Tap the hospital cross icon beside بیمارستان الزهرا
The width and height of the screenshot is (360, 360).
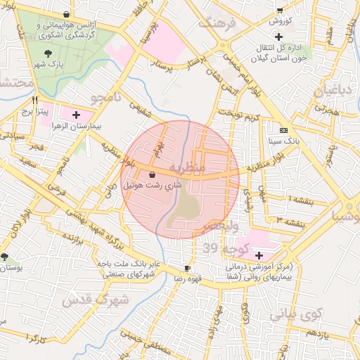(76, 112)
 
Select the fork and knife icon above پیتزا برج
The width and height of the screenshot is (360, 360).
(34, 100)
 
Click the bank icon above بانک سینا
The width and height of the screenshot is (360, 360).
(283, 130)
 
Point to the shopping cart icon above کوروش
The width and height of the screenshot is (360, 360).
(280, 11)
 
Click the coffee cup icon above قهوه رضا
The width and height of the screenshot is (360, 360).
(187, 268)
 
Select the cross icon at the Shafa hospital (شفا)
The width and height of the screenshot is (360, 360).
(259, 255)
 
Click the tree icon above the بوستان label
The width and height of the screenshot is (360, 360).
(5, 257)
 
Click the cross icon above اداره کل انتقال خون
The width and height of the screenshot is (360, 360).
(279, 36)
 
